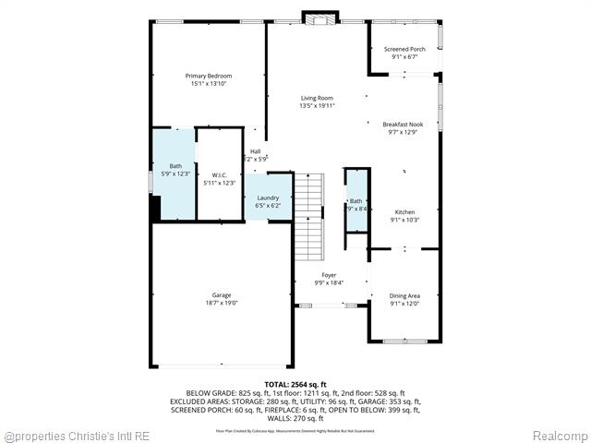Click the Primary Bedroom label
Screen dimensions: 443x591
[208, 76]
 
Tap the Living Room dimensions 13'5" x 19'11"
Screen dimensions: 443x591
[317, 106]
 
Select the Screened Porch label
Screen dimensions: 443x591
[404, 49]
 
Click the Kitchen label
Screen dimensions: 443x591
[404, 212]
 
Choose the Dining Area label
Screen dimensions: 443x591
[404, 295]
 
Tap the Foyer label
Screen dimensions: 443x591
[329, 275]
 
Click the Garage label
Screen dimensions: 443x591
[221, 295]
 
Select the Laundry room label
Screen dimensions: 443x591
[268, 198]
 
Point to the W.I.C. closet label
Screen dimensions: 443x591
[219, 175]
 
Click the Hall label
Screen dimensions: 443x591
[255, 151]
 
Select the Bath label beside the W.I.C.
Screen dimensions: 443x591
[175, 166]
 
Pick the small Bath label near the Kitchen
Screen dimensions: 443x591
[356, 201]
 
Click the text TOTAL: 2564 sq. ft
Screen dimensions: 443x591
[295, 383]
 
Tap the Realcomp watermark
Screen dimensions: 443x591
[560, 435]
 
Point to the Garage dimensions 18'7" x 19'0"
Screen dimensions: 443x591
[221, 303]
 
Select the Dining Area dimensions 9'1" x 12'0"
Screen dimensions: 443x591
[404, 303]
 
